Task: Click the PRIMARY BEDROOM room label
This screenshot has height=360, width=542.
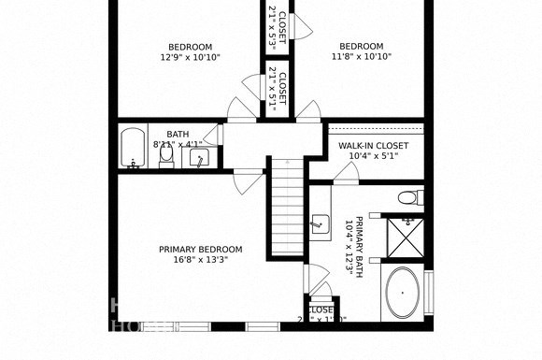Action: (200, 249)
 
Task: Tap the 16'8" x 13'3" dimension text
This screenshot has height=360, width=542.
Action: (200, 259)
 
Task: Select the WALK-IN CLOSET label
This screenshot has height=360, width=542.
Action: (373, 146)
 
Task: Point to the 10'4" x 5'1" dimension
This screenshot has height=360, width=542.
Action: (373, 156)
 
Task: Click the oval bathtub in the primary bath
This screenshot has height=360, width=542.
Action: (403, 293)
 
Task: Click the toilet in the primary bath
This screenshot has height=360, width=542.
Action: (409, 197)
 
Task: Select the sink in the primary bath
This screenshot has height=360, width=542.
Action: (321, 223)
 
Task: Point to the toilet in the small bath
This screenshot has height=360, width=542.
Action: (166, 158)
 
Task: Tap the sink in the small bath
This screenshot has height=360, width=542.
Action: (198, 157)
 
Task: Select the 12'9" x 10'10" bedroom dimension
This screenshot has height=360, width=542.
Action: (190, 57)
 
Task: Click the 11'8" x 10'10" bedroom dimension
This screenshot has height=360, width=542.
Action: (361, 57)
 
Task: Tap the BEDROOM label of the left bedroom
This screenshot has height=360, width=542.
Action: (190, 47)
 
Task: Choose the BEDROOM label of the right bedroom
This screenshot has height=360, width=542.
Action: (361, 47)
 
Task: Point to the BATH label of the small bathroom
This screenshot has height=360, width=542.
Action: (178, 134)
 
